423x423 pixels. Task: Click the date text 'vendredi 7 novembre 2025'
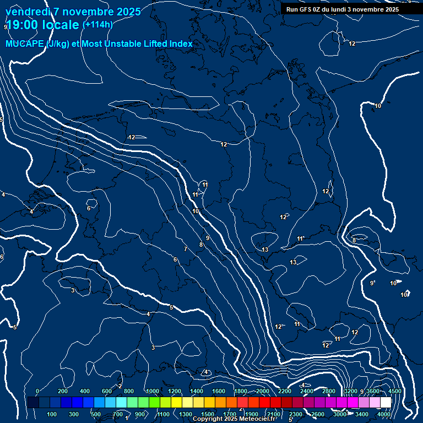click(73, 12)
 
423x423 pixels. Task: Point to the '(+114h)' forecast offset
click(97, 24)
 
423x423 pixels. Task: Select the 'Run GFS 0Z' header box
click(343, 9)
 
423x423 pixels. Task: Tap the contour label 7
click(186, 250)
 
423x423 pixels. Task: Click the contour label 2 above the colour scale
click(120, 386)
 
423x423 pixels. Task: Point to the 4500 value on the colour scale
click(394, 391)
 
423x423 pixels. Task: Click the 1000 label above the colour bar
click(153, 391)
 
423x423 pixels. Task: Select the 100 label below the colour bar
click(52, 414)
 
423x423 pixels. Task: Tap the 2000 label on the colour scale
click(263, 391)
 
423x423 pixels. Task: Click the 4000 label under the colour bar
click(384, 414)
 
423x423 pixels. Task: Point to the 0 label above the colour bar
click(37, 391)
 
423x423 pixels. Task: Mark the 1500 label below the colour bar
click(208, 414)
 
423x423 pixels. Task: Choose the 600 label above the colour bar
click(107, 391)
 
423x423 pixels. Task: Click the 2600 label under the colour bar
click(318, 414)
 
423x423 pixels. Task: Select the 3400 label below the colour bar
click(362, 414)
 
